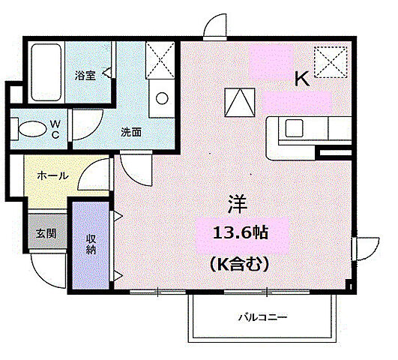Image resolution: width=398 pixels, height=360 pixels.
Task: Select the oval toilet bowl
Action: point(31,127)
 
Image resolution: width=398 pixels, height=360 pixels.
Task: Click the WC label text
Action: point(55,129)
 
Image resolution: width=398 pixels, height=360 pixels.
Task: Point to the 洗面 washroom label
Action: point(131,131)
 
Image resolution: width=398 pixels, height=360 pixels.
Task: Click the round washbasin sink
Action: point(160,97)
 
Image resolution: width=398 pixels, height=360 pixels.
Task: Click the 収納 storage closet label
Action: point(91,244)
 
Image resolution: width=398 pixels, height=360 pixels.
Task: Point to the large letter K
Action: point(301,78)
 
